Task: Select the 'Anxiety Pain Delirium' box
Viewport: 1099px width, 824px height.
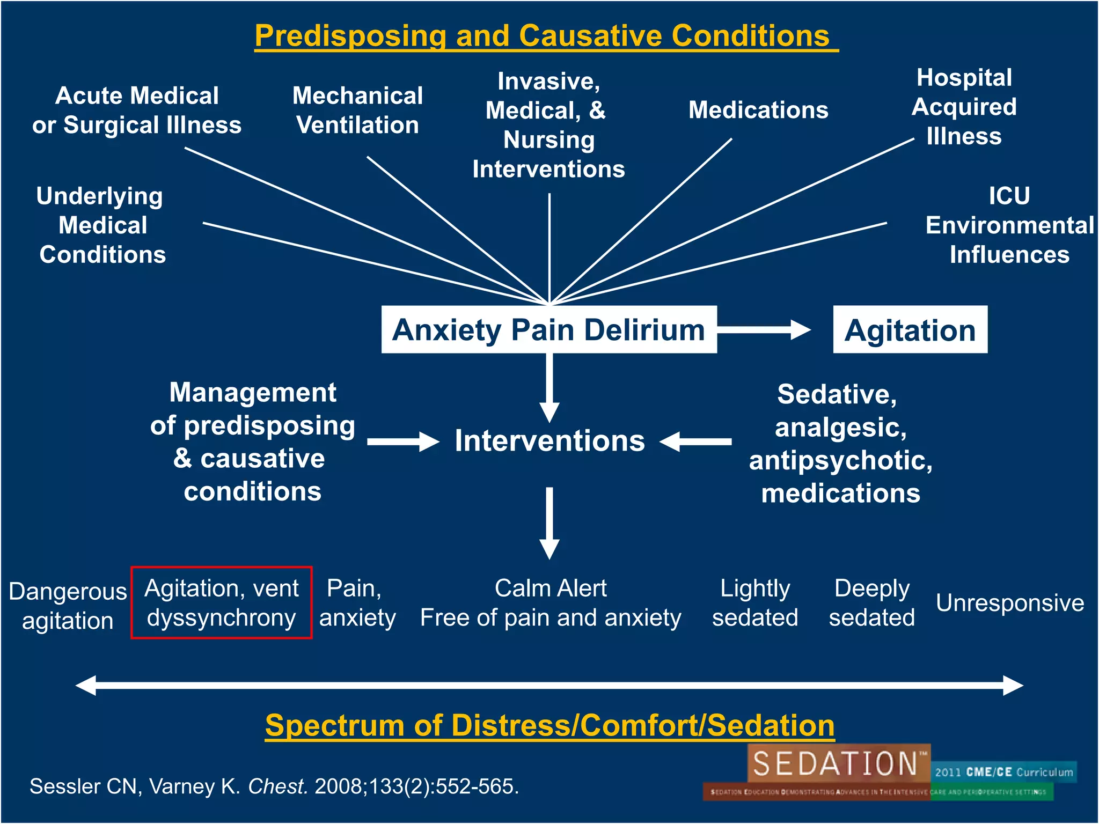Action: click(x=548, y=329)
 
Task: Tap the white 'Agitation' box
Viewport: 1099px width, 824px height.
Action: click(x=910, y=330)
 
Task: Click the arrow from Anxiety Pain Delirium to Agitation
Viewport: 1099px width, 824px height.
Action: click(x=764, y=329)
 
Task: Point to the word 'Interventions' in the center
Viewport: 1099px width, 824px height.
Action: click(x=549, y=441)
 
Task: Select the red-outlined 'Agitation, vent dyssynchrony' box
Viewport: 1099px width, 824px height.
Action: click(x=222, y=602)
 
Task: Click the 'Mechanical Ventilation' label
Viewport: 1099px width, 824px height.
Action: click(x=357, y=111)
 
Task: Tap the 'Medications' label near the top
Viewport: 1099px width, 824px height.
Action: click(x=758, y=110)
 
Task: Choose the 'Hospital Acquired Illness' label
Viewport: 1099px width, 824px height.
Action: click(x=964, y=107)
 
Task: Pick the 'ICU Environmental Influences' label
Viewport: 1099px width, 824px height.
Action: click(x=1009, y=225)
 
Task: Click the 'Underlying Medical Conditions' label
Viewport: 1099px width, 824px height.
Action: click(x=102, y=225)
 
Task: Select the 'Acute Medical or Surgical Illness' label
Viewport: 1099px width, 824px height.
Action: click(x=137, y=111)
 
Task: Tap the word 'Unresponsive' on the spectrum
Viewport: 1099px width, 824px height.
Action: click(x=1009, y=603)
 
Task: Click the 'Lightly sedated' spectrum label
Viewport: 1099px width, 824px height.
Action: click(x=754, y=603)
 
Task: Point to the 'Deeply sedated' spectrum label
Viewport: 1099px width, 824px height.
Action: click(x=871, y=603)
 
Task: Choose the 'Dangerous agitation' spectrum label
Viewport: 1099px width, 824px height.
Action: click(x=68, y=606)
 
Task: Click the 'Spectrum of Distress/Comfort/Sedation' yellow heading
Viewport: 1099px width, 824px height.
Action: click(x=549, y=725)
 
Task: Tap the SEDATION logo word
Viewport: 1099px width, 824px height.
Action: click(x=836, y=763)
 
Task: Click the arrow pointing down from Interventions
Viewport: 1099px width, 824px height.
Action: click(x=549, y=523)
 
